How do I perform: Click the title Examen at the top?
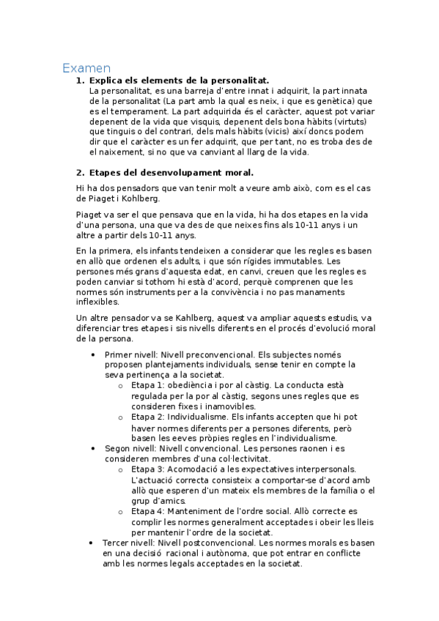coord(86,68)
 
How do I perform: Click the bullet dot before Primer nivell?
coord(92,354)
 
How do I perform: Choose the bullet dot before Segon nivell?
coord(92,447)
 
